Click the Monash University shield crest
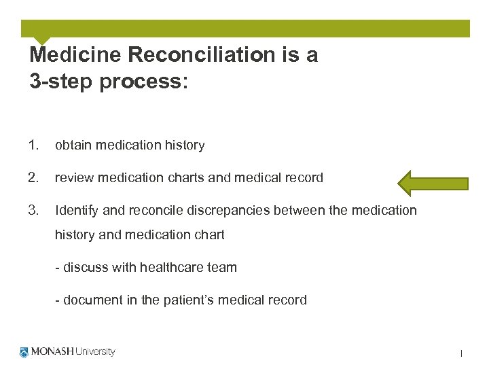(x=25, y=352)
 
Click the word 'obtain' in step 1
(x=73, y=145)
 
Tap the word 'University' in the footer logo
(x=94, y=352)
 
